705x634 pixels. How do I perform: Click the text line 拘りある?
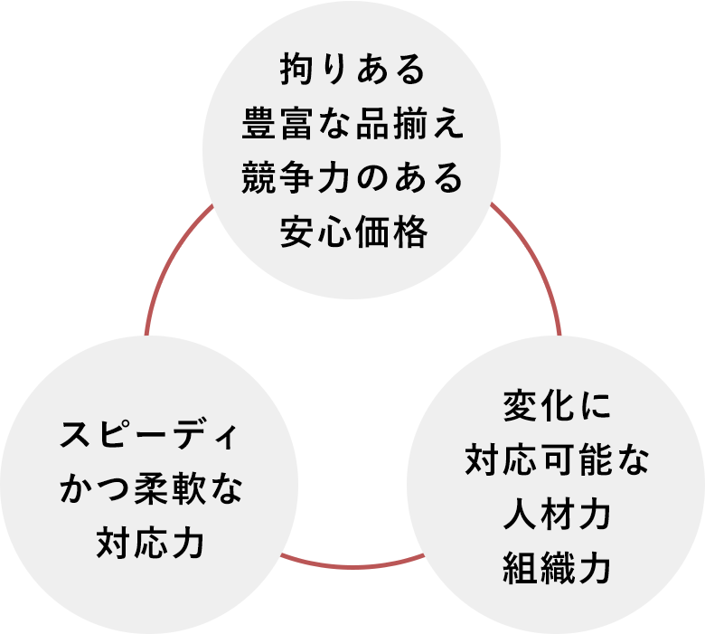pyautogui.click(x=352, y=69)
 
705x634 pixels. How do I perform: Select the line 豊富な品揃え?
pyautogui.click(x=352, y=123)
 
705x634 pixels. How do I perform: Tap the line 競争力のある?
pyautogui.click(x=352, y=177)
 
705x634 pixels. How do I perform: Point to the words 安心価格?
pyautogui.click(x=353, y=232)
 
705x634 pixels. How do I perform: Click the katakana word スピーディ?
pyautogui.click(x=148, y=435)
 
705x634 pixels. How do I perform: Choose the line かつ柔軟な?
pyautogui.click(x=151, y=489)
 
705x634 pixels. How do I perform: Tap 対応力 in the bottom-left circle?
pyautogui.click(x=151, y=544)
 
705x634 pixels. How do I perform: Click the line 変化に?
pyautogui.click(x=557, y=406)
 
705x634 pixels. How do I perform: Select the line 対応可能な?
pyautogui.click(x=557, y=460)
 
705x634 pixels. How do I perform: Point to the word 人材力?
pyautogui.click(x=557, y=515)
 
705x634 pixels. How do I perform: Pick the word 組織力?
pyautogui.click(x=557, y=568)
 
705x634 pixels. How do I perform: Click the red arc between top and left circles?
pyautogui.click(x=169, y=261)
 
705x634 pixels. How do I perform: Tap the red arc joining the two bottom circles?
pyautogui.click(x=352, y=565)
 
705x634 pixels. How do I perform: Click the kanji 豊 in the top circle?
pyautogui.click(x=258, y=123)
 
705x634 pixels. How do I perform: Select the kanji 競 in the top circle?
pyautogui.click(x=258, y=177)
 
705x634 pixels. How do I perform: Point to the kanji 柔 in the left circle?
pyautogui.click(x=151, y=489)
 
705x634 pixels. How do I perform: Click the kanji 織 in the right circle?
pyautogui.click(x=557, y=568)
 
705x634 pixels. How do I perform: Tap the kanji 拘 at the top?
pyautogui.click(x=296, y=69)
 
